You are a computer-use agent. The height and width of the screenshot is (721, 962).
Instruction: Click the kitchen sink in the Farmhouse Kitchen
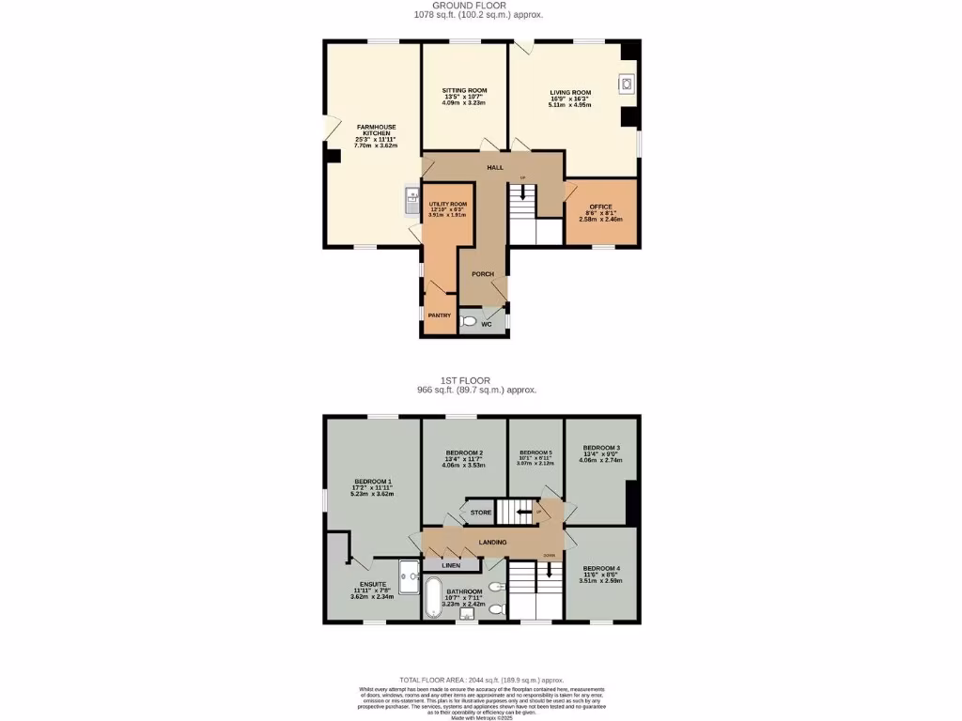(411, 198)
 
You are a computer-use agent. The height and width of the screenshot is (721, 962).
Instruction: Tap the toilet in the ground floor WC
(470, 321)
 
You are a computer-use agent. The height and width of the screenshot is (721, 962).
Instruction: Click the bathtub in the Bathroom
(432, 597)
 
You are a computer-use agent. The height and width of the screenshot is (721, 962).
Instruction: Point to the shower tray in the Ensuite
(409, 577)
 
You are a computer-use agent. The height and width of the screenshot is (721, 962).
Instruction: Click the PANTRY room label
(440, 315)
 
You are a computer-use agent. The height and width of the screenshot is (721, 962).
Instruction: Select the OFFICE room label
(601, 207)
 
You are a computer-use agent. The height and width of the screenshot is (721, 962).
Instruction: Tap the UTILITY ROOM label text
(448, 204)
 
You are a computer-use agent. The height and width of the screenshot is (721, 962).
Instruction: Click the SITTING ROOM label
(465, 91)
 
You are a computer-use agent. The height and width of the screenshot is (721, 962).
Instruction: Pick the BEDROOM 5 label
(535, 453)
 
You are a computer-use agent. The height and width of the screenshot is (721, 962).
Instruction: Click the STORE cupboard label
(480, 513)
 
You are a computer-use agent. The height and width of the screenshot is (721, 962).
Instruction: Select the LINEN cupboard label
(453, 565)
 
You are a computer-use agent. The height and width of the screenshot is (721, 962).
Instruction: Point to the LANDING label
(492, 542)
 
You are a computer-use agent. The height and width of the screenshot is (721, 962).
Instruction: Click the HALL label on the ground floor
(494, 167)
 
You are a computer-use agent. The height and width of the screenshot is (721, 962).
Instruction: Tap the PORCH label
(483, 274)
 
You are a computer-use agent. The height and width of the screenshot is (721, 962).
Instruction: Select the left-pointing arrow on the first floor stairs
(521, 513)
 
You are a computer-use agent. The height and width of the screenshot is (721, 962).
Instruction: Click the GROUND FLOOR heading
(479, 6)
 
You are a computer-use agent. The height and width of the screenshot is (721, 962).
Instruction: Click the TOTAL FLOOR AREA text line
(481, 680)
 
